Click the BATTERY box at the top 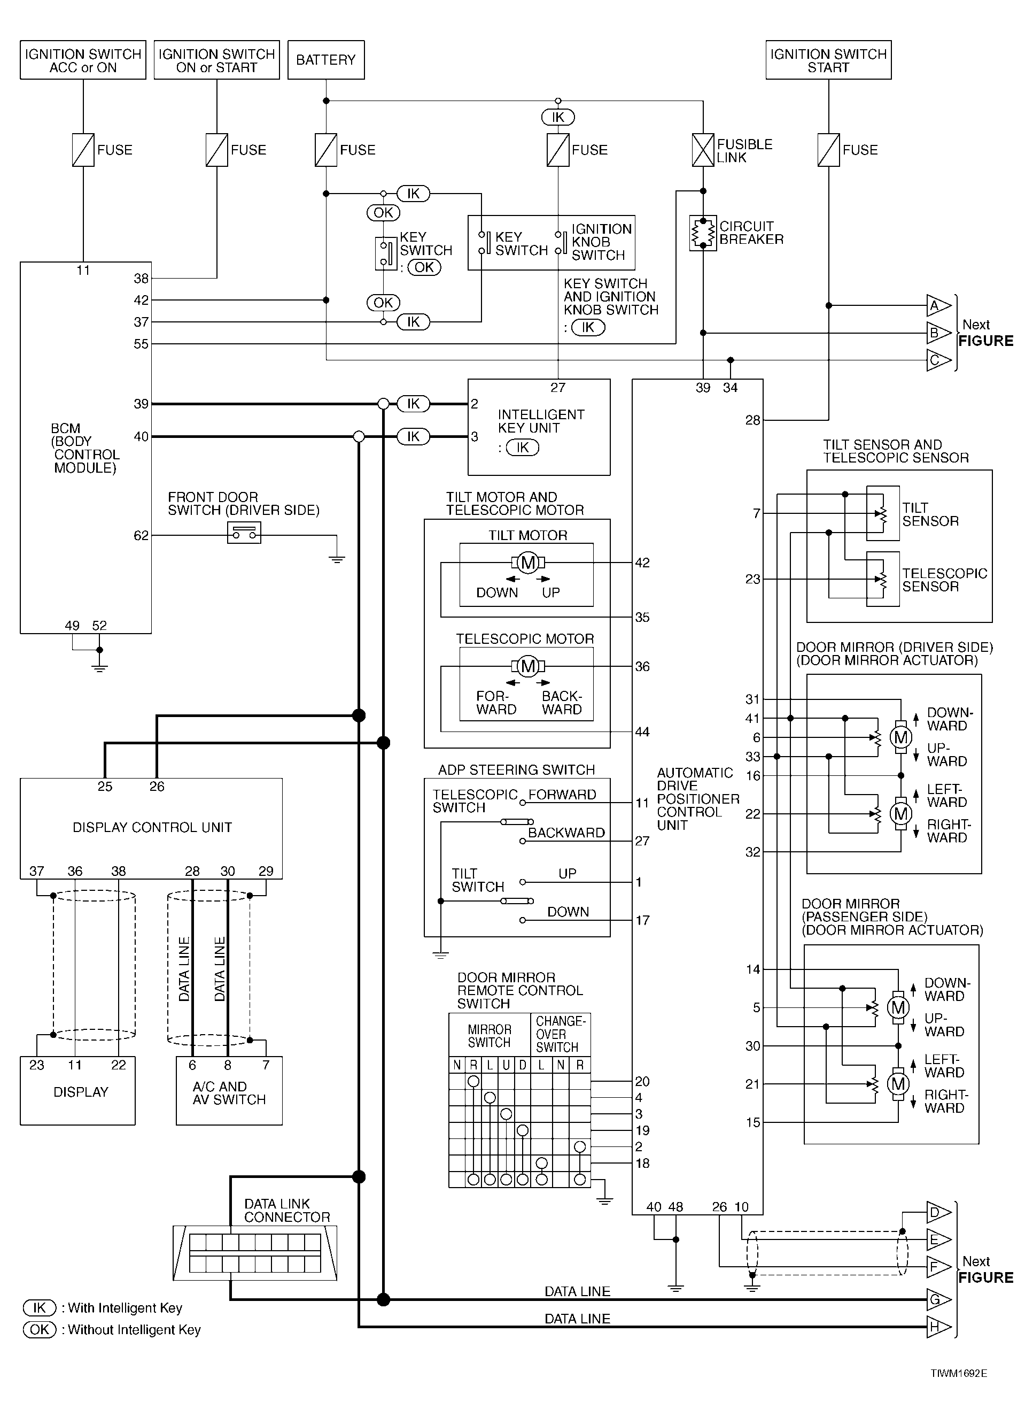tap(326, 60)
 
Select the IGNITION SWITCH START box tap(828, 60)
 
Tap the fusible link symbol tap(703, 150)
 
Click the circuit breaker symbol tap(703, 233)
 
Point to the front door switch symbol tap(244, 533)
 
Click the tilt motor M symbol tap(529, 563)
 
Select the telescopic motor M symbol tap(529, 666)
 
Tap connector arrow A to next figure tap(938, 306)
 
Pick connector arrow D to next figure tap(938, 1212)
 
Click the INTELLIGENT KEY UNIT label tap(541, 421)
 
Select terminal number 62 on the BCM tap(141, 536)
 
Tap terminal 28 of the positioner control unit tap(753, 420)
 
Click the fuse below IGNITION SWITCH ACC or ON tap(83, 150)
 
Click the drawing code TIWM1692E tap(959, 1373)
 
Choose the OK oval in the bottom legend tap(40, 1329)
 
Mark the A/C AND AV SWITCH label tap(229, 1093)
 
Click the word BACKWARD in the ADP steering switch tap(566, 833)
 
